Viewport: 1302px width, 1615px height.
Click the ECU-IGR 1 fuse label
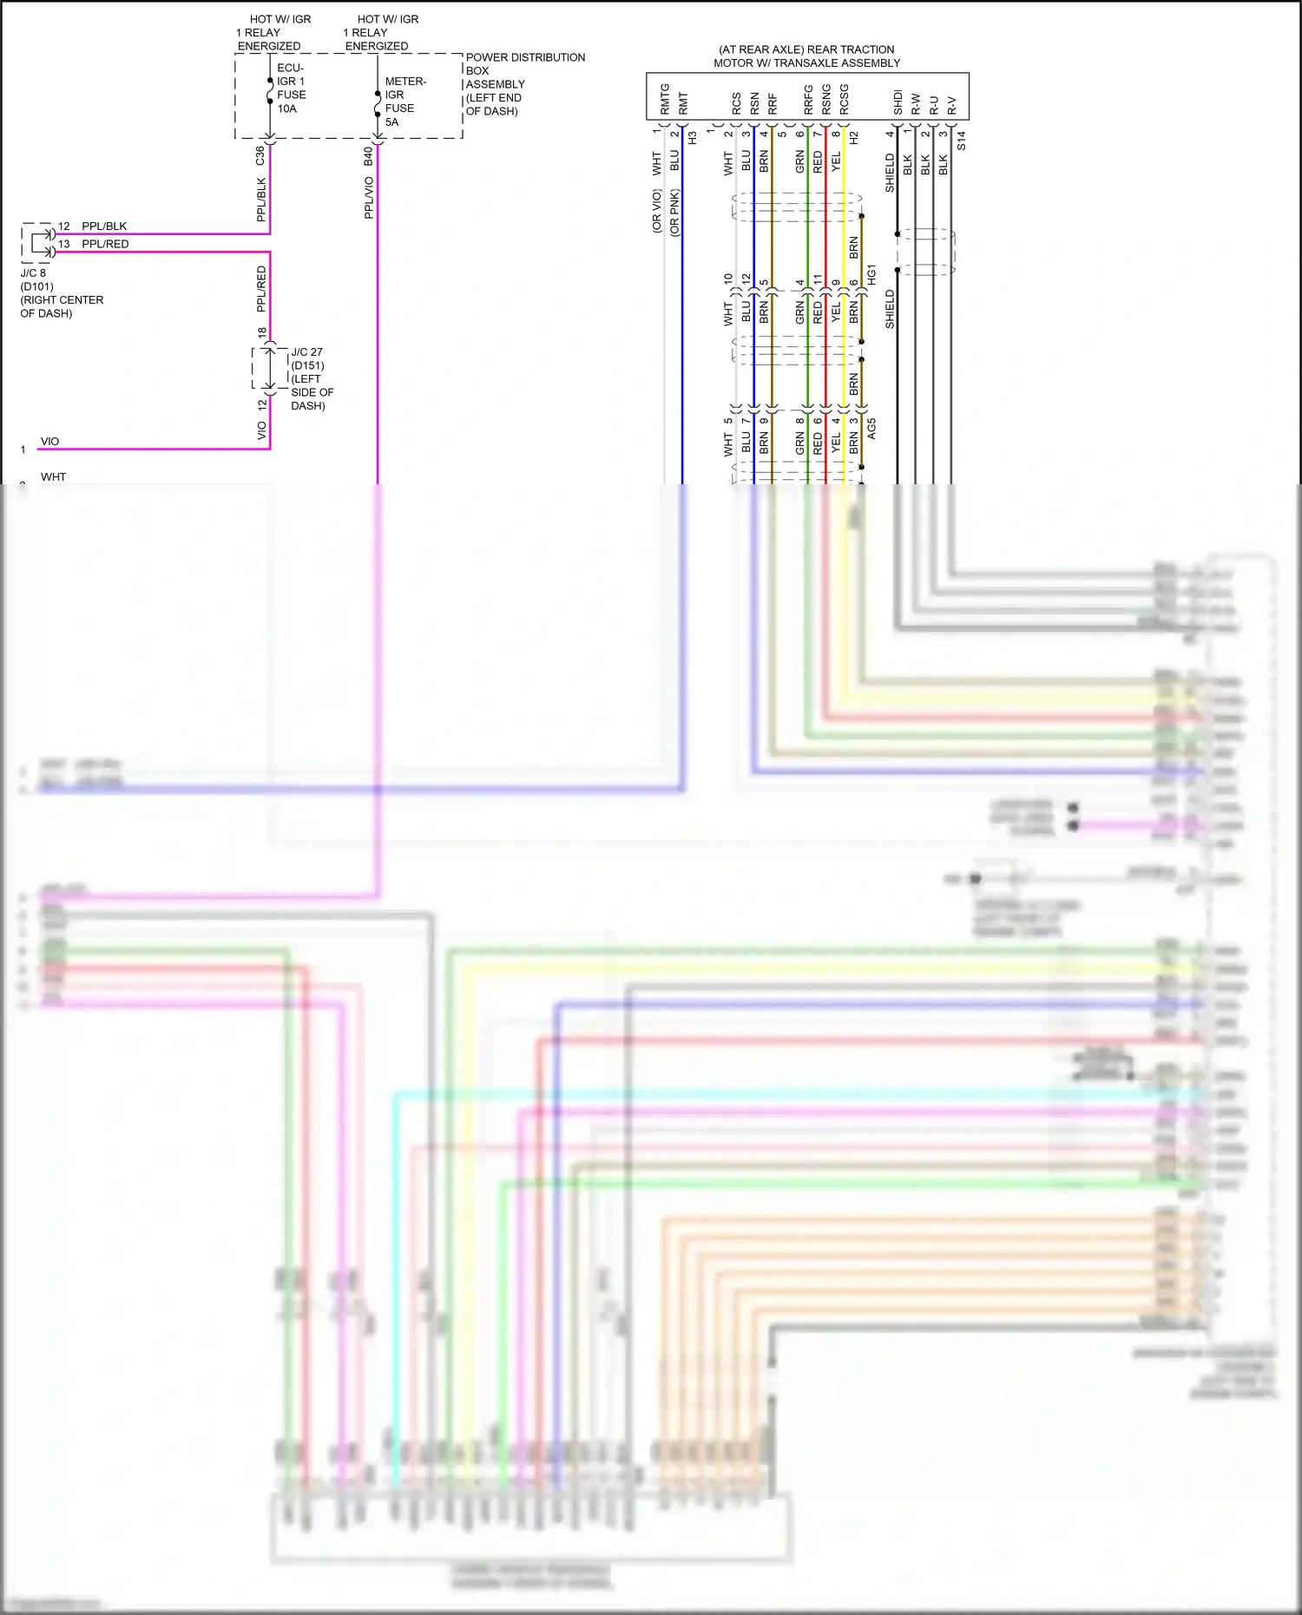tap(291, 88)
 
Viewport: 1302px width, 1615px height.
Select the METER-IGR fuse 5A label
tap(404, 102)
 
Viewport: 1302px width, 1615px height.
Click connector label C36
tap(260, 155)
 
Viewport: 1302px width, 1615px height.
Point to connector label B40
tap(368, 156)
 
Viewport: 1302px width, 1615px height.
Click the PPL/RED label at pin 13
tap(105, 244)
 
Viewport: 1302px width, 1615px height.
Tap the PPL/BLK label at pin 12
tap(104, 226)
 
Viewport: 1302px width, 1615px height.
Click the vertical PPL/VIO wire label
tap(369, 197)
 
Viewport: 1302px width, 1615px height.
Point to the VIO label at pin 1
tap(50, 442)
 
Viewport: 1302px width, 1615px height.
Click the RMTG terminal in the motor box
tap(665, 98)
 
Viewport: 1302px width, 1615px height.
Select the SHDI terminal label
tap(898, 102)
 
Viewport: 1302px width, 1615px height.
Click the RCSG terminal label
tap(844, 100)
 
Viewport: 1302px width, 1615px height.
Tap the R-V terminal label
tap(952, 105)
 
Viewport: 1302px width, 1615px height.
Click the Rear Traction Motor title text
tap(806, 56)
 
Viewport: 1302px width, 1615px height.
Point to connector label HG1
tap(871, 274)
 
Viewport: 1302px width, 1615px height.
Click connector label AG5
tap(871, 428)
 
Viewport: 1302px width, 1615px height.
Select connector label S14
tap(961, 141)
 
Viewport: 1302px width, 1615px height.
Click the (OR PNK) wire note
tap(674, 213)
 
